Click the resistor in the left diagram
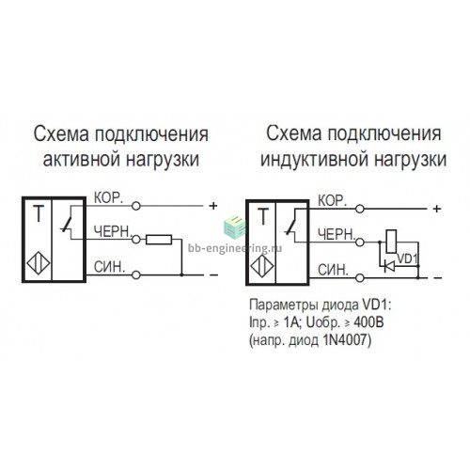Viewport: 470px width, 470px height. (x=159, y=240)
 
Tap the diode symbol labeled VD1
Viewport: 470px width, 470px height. (x=389, y=266)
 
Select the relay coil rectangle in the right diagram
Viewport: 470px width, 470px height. (x=391, y=242)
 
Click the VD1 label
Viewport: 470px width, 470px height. (x=407, y=258)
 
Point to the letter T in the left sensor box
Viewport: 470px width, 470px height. (x=39, y=213)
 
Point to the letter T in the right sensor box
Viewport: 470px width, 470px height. (x=263, y=216)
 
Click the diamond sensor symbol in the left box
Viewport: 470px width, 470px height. (x=39, y=263)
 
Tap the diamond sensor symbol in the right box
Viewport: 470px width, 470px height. (x=262, y=266)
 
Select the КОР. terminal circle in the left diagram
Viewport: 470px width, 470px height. (x=136, y=206)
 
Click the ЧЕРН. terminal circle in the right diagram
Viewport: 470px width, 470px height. (x=360, y=243)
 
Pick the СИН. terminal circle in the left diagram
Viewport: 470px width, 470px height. (x=136, y=275)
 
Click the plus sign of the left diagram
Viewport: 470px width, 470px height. (x=213, y=206)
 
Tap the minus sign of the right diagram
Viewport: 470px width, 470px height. (x=438, y=277)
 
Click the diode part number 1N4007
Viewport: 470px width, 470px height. (x=344, y=340)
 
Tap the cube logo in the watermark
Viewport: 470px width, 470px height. (x=235, y=227)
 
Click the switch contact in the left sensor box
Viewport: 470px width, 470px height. (x=68, y=224)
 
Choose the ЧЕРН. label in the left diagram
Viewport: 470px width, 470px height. (x=113, y=232)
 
